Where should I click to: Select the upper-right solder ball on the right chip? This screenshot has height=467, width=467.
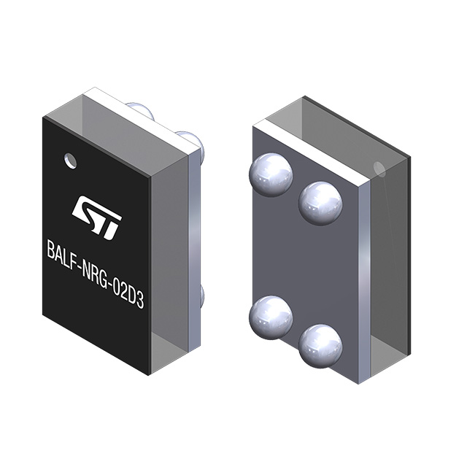[x=320, y=202]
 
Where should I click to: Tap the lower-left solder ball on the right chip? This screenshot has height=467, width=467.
[x=270, y=317]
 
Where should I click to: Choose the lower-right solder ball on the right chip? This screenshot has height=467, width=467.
[x=320, y=345]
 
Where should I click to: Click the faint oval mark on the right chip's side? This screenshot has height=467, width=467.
[x=379, y=170]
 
